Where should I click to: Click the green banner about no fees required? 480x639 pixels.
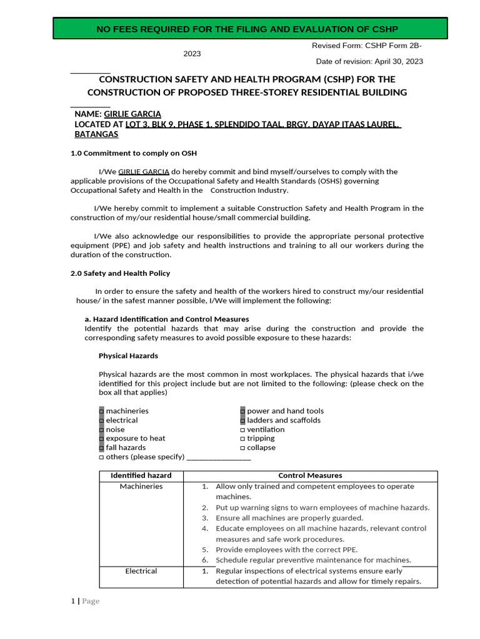coord(250,29)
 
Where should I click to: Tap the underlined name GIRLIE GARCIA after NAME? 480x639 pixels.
coord(132,114)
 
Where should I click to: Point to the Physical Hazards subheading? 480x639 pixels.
coord(128,356)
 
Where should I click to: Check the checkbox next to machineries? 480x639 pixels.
coord(102,411)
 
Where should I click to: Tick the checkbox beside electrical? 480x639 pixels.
coord(102,421)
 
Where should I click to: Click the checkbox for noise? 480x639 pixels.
coord(102,429)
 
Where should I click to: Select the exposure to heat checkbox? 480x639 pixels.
coord(102,439)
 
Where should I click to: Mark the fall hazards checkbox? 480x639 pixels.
coord(102,447)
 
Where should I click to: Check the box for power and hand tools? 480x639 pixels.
coord(243,411)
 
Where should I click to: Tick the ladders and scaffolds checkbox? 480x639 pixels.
coord(243,421)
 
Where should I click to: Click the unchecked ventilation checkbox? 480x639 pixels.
coord(243,430)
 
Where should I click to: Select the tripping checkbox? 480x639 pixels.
coord(243,439)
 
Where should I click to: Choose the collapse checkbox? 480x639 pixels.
coord(243,448)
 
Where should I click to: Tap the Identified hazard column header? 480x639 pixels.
coord(141,476)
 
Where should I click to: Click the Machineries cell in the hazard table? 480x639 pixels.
coord(141,487)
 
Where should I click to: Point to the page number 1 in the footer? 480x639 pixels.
coord(72,602)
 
